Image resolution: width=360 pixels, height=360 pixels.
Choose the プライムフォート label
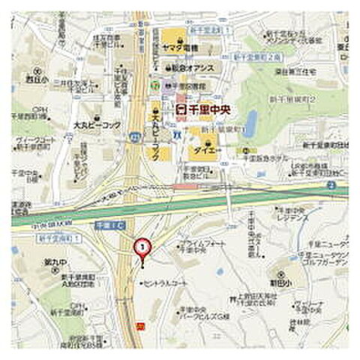click(201, 244)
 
